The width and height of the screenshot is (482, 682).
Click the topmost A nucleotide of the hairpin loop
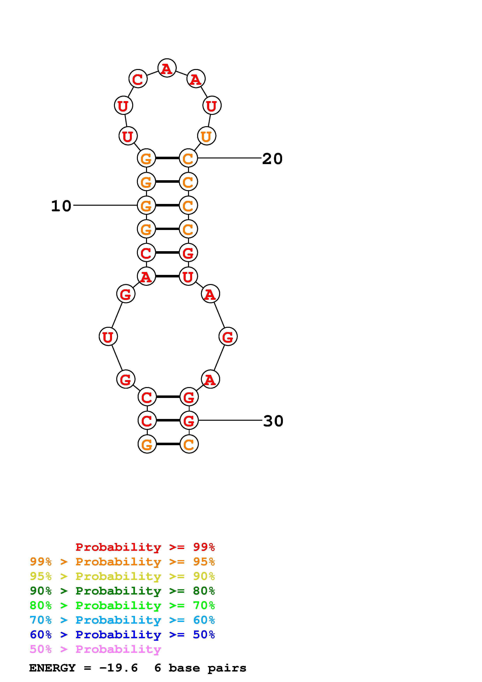tap(167, 68)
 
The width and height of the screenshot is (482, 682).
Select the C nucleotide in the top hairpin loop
tap(138, 79)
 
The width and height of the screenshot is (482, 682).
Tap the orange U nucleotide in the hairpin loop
tap(206, 136)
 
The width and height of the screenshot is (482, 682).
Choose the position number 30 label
tap(273, 421)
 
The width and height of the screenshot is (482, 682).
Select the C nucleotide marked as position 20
tap(188, 158)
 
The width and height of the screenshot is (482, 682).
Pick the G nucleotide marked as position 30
tap(189, 420)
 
